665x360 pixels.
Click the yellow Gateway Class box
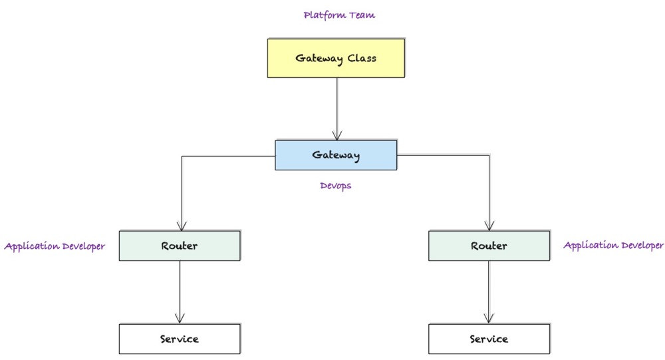pyautogui.click(x=336, y=58)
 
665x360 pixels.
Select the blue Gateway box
pyautogui.click(x=336, y=155)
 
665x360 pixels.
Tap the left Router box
pyautogui.click(x=180, y=246)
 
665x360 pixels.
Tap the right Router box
pyautogui.click(x=489, y=246)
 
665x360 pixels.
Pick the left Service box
pyautogui.click(x=180, y=339)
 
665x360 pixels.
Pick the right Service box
pyautogui.click(x=489, y=339)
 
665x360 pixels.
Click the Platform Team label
pyautogui.click(x=339, y=15)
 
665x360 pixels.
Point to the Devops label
pyautogui.click(x=335, y=186)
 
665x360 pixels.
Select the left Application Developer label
pyautogui.click(x=55, y=246)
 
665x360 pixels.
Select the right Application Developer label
pyautogui.click(x=613, y=245)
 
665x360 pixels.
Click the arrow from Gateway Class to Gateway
pyautogui.click(x=337, y=106)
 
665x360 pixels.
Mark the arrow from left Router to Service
pyautogui.click(x=180, y=289)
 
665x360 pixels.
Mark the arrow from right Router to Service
pyautogui.click(x=489, y=289)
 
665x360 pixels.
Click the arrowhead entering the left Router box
pyautogui.click(x=180, y=226)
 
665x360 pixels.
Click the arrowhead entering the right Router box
pyautogui.click(x=489, y=226)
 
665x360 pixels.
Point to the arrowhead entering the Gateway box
pyautogui.click(x=337, y=136)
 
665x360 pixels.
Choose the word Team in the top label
pyautogui.click(x=361, y=15)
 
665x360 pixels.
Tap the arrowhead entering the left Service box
pyautogui.click(x=180, y=319)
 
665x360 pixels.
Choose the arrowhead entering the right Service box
pyautogui.click(x=489, y=319)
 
